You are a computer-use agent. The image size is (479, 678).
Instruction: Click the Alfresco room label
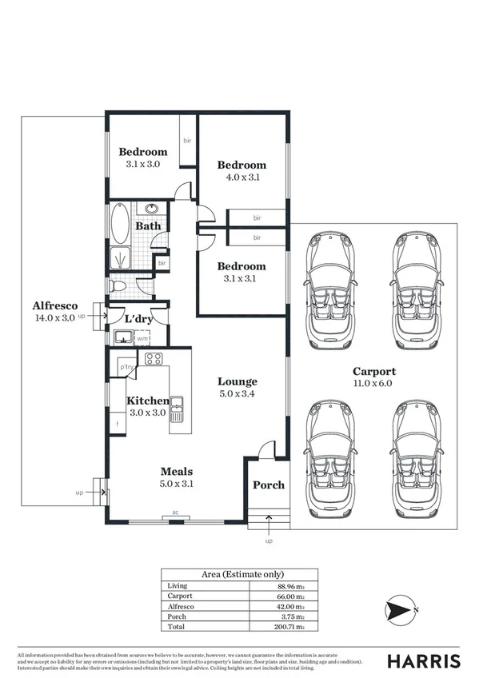click(54, 305)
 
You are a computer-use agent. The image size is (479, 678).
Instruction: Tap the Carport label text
click(374, 372)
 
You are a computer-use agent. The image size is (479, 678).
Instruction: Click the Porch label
click(268, 485)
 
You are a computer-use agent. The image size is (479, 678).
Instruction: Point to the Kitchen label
click(147, 401)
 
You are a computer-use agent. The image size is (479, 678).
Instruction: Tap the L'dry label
click(139, 320)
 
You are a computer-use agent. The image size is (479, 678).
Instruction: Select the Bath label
click(147, 226)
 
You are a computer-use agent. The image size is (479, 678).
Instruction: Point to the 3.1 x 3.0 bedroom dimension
click(143, 164)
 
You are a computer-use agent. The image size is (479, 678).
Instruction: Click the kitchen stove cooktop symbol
click(154, 358)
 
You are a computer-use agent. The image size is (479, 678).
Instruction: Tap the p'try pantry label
click(126, 367)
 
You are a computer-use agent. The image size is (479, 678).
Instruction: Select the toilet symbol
click(119, 285)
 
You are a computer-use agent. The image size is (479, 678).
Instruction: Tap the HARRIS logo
click(424, 660)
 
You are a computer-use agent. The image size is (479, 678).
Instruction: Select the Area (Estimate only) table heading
click(239, 574)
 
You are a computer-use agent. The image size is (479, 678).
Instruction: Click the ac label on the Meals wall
click(175, 515)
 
